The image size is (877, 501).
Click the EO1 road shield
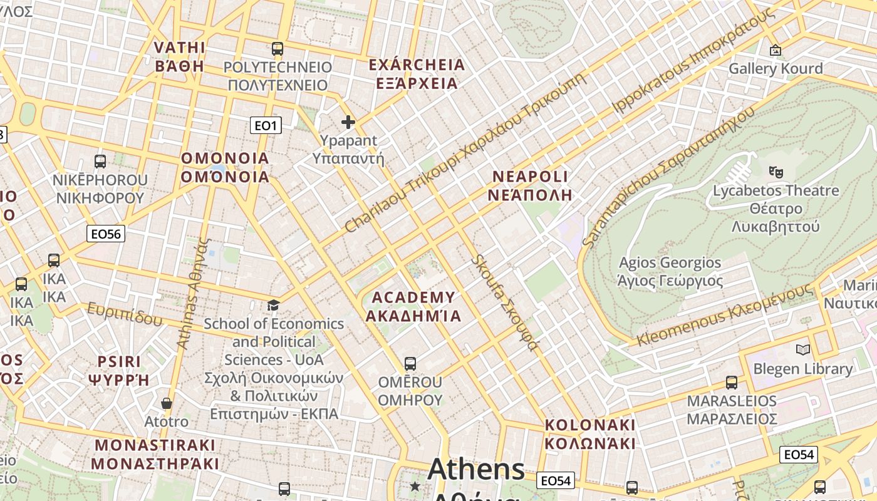point(266,126)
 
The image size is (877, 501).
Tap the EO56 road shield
point(106,234)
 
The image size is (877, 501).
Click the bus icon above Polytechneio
point(277,48)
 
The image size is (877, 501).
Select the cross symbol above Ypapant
point(348,122)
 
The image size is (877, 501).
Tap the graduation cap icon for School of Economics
point(273,305)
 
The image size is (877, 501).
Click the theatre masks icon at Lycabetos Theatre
point(776,171)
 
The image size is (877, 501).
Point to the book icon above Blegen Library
point(802,349)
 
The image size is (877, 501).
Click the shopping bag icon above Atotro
point(166,403)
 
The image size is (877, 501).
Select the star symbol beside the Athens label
point(415,486)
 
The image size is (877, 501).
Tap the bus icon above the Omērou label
point(410,363)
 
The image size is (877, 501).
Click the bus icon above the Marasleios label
point(731,382)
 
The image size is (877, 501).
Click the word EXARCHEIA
point(417,65)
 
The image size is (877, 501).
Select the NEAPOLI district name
point(530,176)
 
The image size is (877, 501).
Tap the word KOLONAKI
point(589,425)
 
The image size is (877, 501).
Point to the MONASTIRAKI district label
point(155,445)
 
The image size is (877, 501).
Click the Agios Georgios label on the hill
point(670,262)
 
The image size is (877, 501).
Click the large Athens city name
point(476,470)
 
